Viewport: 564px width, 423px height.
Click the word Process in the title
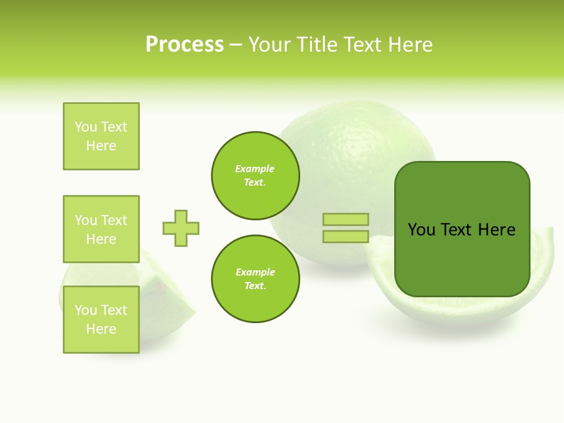click(184, 45)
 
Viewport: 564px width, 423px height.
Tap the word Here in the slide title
click(409, 45)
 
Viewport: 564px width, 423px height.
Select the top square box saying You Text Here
click(101, 136)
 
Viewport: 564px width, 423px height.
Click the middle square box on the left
click(101, 229)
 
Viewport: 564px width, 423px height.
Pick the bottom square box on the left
click(101, 320)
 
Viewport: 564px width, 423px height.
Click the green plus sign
click(181, 228)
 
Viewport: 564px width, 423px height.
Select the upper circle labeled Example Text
click(256, 176)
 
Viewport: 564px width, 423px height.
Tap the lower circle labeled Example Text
click(256, 279)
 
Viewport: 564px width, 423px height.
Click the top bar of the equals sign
click(345, 220)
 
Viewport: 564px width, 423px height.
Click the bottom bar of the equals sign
click(345, 237)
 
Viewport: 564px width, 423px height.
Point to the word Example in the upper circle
click(255, 169)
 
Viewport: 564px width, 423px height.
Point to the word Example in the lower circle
click(255, 273)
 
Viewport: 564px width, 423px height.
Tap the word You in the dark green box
click(421, 230)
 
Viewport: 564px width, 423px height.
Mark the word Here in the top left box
click(101, 146)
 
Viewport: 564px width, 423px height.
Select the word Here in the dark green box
click(496, 230)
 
